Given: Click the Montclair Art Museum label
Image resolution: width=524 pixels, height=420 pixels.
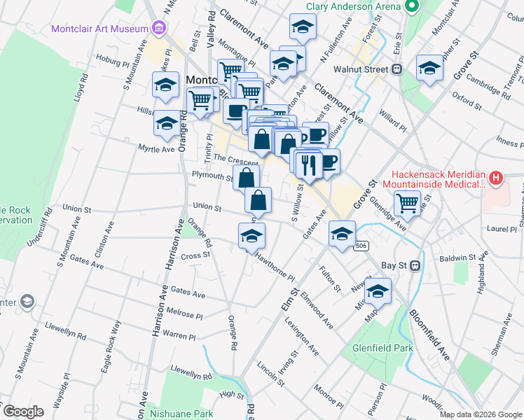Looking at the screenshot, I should click(99, 29).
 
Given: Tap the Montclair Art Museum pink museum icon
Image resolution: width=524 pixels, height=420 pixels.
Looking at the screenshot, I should click(159, 29).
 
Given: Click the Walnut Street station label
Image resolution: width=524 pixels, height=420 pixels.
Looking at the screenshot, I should click(360, 69).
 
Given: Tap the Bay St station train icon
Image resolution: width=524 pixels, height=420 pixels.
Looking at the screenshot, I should click(414, 265).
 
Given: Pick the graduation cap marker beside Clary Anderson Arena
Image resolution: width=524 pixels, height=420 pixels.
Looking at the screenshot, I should click(303, 27).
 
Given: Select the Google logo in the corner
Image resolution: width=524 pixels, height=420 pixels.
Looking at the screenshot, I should click(22, 412).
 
